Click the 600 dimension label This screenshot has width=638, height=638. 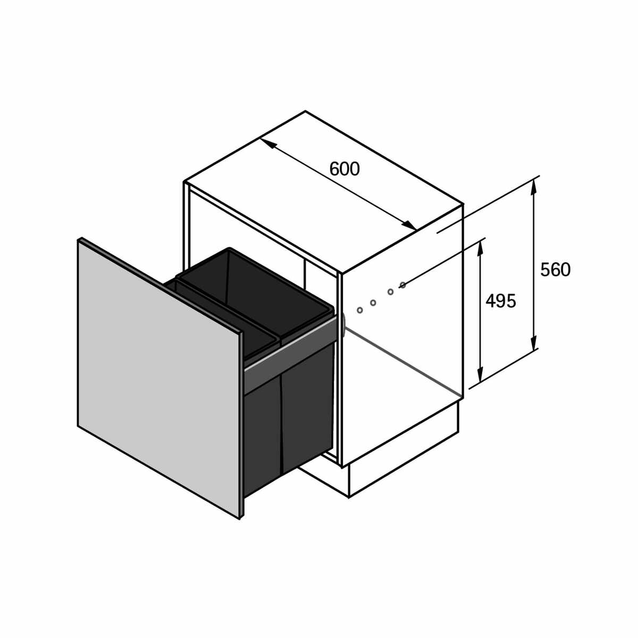click(345, 169)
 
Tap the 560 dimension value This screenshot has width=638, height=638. click(555, 270)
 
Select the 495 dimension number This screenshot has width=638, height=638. click(501, 301)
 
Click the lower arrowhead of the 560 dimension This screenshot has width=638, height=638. click(533, 338)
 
